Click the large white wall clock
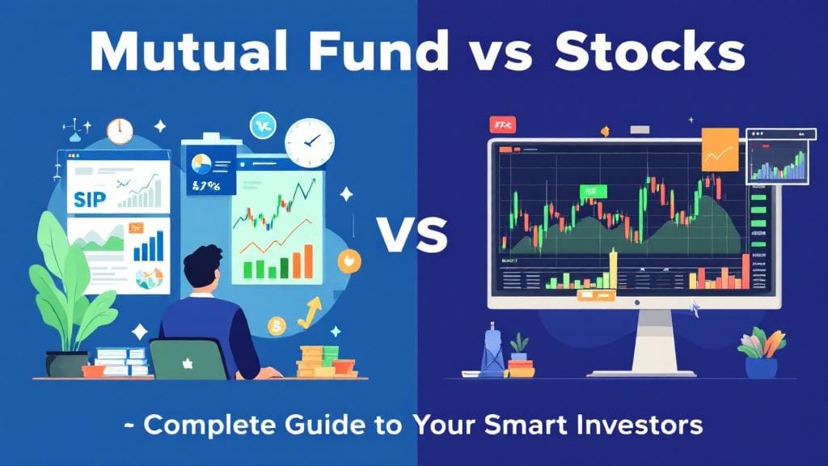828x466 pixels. click(309, 142)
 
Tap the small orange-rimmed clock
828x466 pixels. click(120, 131)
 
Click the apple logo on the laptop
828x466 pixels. click(188, 361)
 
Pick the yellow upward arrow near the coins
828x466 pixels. click(309, 312)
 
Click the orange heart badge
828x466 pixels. click(349, 261)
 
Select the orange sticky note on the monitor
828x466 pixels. click(720, 150)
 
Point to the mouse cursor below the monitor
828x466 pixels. click(694, 309)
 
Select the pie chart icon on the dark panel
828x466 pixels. click(200, 164)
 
